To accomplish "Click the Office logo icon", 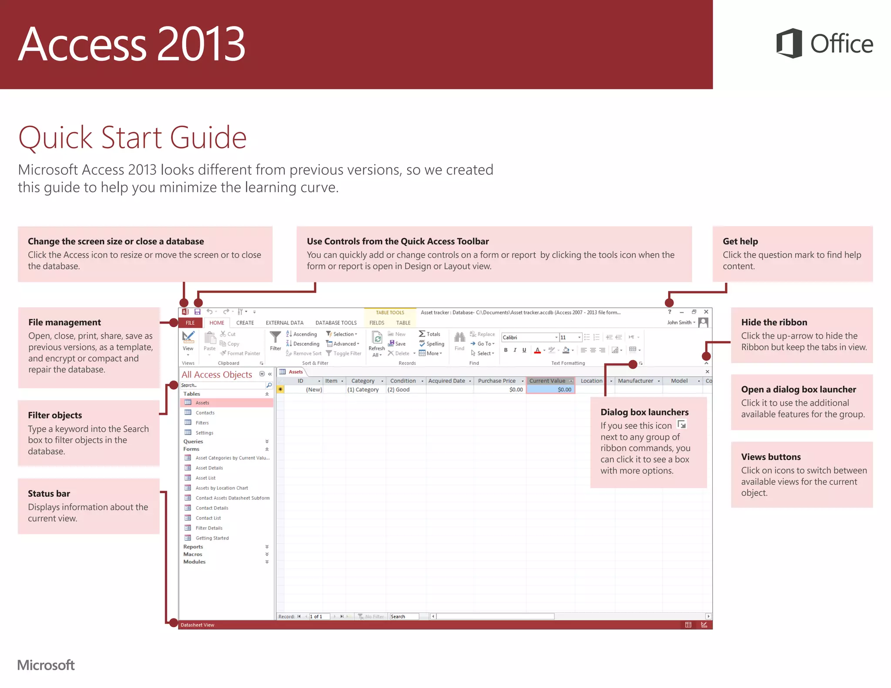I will tap(789, 43).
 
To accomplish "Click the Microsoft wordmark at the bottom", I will tap(46, 665).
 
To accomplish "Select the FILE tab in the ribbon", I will tap(190, 323).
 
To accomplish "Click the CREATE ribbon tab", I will tap(245, 323).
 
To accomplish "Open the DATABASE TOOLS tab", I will tap(336, 323).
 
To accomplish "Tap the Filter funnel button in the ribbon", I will tap(275, 341).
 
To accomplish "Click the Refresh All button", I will tap(377, 344).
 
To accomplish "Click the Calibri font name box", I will tap(528, 337).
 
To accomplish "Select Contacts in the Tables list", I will tap(205, 413).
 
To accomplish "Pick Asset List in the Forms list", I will tap(205, 478).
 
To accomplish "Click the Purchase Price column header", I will tap(496, 381).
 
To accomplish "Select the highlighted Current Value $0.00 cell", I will tap(551, 390).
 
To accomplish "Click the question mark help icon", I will tap(670, 312).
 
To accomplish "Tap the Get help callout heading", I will tap(740, 241).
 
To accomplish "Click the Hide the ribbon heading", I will tap(774, 322).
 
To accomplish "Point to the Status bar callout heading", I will tap(49, 494).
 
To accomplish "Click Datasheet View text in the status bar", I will tap(198, 625).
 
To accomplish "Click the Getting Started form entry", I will tap(212, 538).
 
